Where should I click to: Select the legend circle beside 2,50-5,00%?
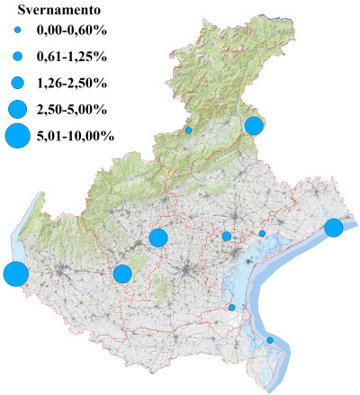(18, 110)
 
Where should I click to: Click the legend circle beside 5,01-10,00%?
(18, 136)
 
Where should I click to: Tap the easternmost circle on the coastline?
(333, 228)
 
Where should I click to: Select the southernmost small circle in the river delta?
(270, 340)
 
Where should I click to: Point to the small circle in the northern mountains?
(189, 130)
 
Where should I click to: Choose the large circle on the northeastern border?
(254, 125)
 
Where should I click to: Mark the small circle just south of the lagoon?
(232, 308)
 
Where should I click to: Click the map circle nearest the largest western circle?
(122, 274)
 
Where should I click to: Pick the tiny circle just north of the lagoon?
(262, 233)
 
